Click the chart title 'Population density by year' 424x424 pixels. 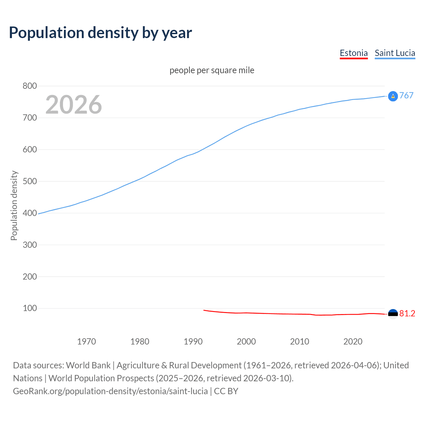100,33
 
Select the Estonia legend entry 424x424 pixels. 353,53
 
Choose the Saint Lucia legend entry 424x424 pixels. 395,53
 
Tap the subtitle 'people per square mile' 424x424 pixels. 212,70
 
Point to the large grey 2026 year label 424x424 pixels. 74,105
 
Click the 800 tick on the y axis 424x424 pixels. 29,86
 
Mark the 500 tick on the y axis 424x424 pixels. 29,181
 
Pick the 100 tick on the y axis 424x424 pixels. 29,308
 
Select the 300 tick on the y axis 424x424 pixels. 29,245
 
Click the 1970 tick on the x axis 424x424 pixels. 86,342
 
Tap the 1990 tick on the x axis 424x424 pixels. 193,342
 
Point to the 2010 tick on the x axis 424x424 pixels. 299,342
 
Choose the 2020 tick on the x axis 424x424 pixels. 353,342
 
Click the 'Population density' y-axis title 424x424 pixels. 14,205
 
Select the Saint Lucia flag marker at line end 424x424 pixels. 393,96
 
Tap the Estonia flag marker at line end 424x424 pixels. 393,314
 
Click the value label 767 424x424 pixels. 406,95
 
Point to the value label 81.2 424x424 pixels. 407,314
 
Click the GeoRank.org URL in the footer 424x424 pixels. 110,391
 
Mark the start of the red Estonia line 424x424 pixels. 204,310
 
